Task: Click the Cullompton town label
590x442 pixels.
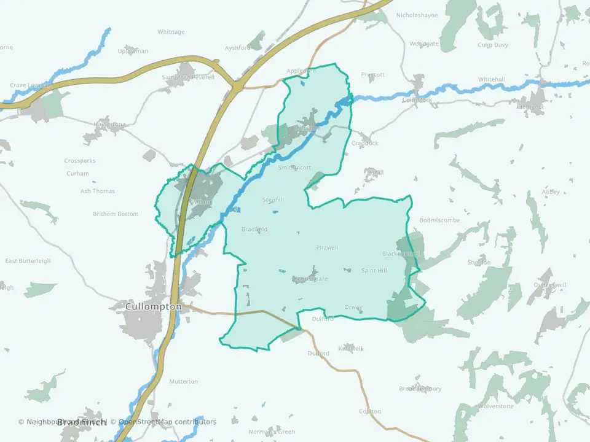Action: coord(153,306)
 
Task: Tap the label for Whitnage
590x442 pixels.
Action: coord(171,32)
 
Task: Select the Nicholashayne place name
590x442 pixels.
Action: coord(417,15)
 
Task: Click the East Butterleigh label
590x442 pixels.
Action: coord(28,261)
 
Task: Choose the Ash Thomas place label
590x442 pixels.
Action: coord(98,191)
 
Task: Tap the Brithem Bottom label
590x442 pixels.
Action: coord(116,214)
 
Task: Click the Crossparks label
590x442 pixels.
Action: coord(81,161)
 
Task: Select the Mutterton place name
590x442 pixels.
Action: coord(184,381)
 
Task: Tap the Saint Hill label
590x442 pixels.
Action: coord(374,271)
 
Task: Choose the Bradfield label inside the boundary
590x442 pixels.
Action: coord(254,229)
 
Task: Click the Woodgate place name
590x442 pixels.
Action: coord(424,44)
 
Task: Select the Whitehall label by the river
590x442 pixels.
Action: coord(492,80)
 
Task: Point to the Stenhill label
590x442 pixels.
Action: coord(273,200)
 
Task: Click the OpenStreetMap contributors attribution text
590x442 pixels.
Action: coord(167,422)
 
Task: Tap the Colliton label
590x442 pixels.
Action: coord(370,411)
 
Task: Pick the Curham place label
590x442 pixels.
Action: coord(78,174)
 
